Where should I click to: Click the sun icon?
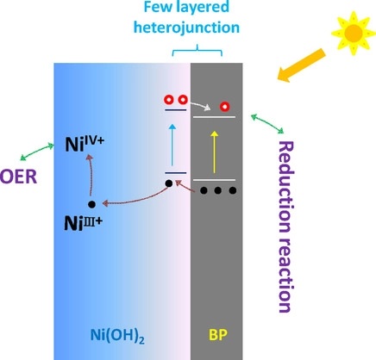pos(354,33)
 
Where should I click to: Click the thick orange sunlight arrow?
pos(301,65)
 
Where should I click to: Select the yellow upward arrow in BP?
pos(214,152)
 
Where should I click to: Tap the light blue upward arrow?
pos(172,145)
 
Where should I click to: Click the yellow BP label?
pos(218,334)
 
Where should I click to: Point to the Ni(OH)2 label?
pos(117,335)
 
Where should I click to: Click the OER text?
pos(19,177)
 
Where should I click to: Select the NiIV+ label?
pos(85,145)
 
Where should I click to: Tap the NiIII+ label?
pos(83,223)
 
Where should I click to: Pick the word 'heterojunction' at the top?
pos(187,28)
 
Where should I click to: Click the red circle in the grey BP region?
pos(225,107)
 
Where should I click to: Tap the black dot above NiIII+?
pos(91,204)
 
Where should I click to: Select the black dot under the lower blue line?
pos(169,183)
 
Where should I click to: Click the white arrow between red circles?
pos(201,106)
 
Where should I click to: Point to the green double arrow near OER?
pos(37,152)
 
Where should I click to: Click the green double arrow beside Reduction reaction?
pos(267,124)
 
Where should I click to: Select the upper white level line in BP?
pos(214,117)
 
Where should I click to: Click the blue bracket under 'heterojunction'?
pos(197,51)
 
